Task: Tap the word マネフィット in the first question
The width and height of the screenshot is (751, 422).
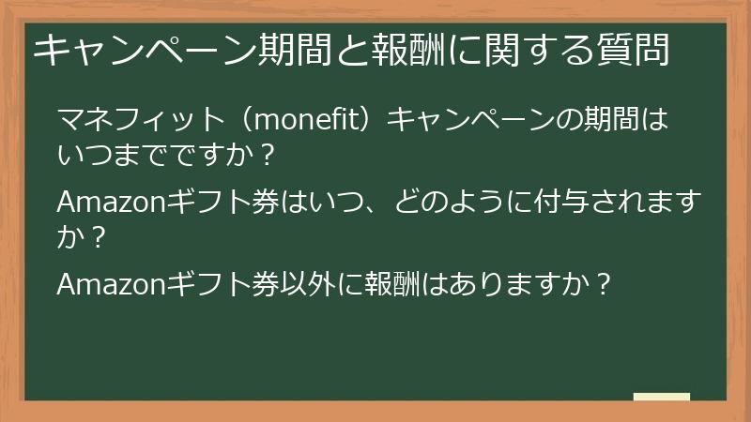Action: pyautogui.click(x=141, y=121)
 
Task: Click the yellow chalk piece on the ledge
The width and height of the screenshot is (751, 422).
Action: pyautogui.click(x=661, y=397)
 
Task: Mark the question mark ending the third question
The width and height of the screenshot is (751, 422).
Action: pyautogui.click(x=605, y=282)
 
